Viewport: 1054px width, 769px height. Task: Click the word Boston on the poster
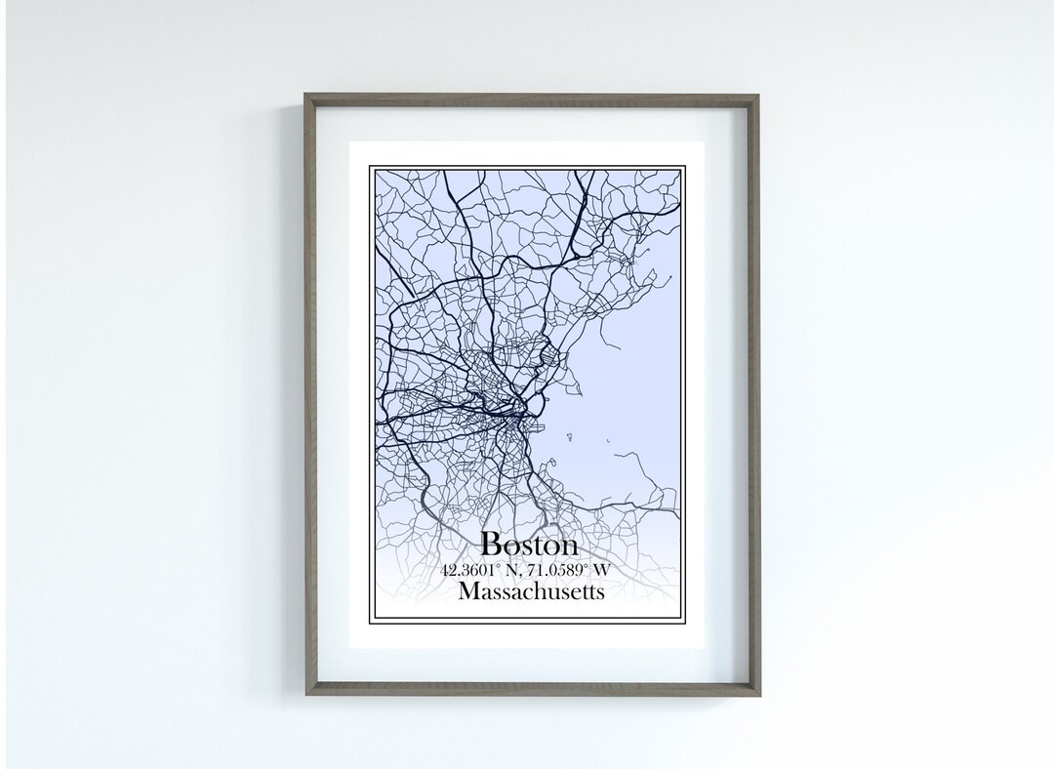click(529, 545)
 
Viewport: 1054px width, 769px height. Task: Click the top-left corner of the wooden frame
click(305, 96)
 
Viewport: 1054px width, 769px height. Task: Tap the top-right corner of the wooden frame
click(757, 96)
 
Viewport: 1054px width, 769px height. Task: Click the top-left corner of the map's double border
click(371, 166)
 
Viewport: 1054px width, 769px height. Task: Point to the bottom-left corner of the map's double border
click(371, 625)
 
